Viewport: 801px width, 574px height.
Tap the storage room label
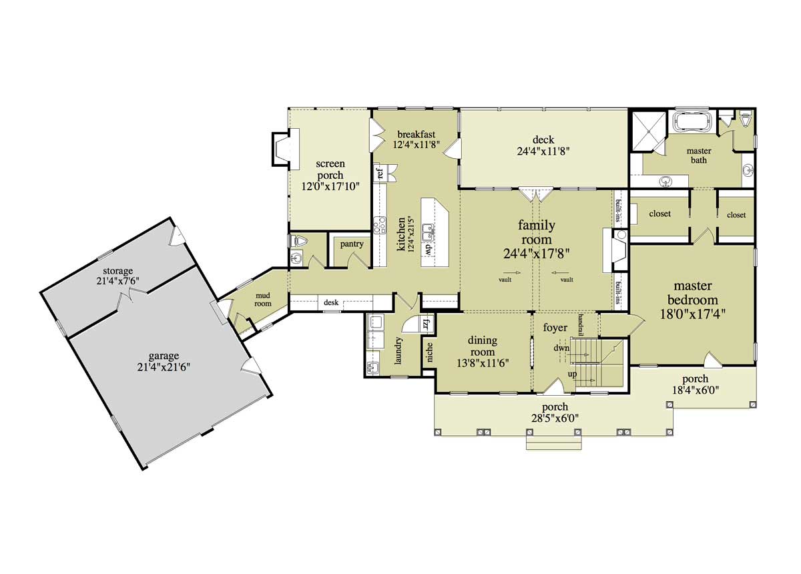tap(117, 271)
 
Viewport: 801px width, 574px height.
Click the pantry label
tap(352, 244)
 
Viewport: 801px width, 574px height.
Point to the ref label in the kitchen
tap(380, 174)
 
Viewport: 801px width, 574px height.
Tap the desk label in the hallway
tap(331, 303)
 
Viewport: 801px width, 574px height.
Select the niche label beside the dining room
tap(429, 352)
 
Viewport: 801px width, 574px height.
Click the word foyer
tap(555, 328)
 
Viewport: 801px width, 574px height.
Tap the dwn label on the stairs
tap(561, 348)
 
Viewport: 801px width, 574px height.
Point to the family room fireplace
tap(615, 250)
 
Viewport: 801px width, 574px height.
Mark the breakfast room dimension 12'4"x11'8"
tap(416, 144)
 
